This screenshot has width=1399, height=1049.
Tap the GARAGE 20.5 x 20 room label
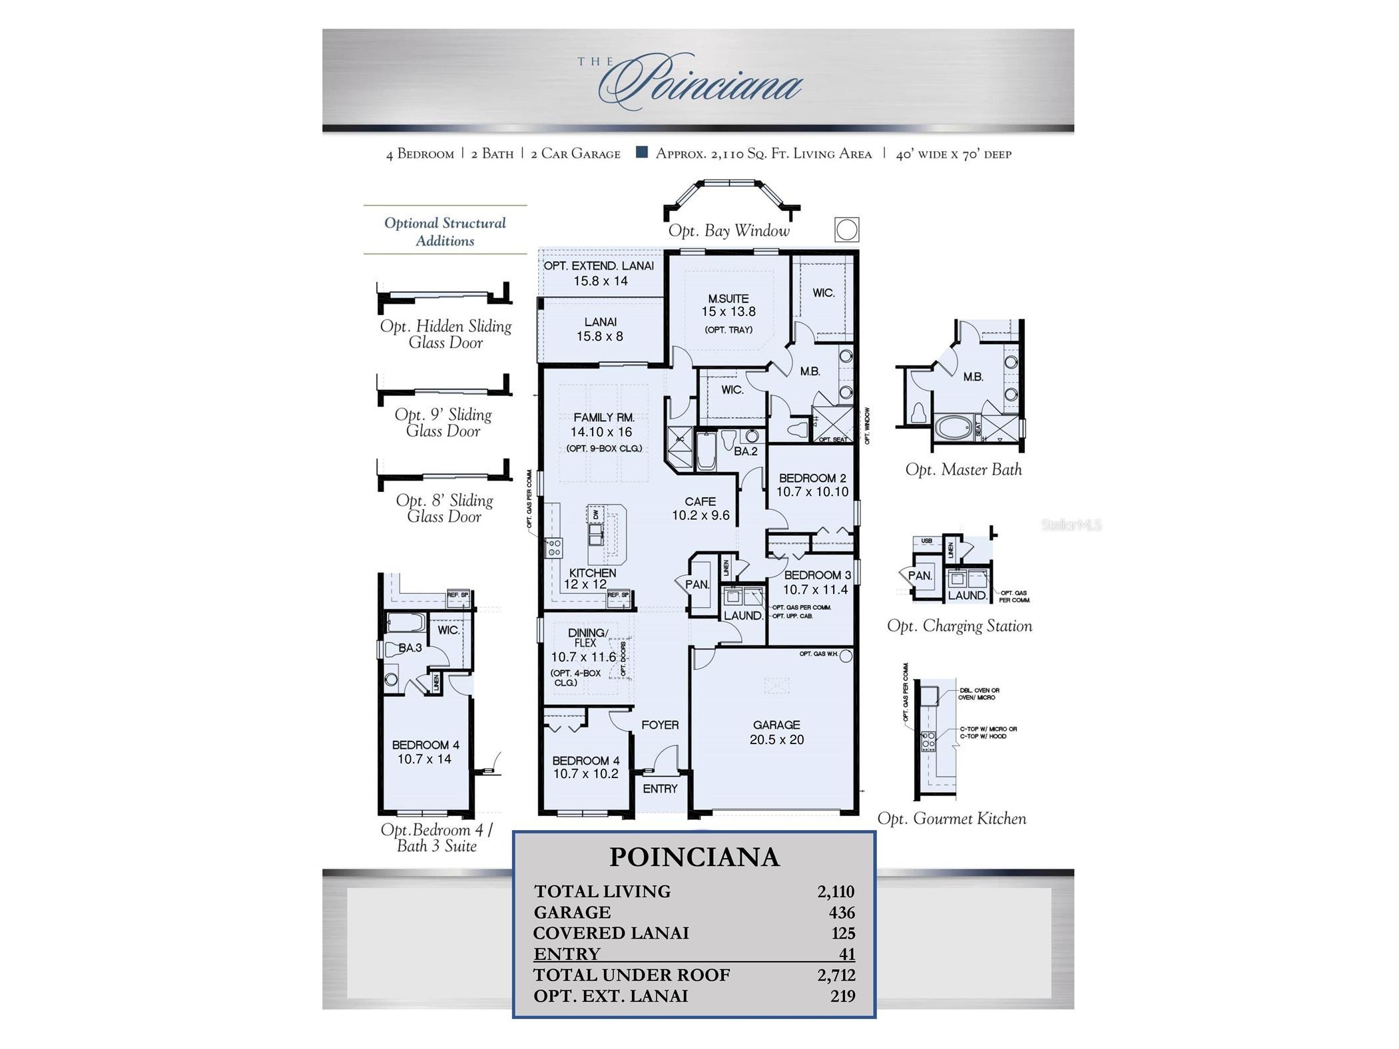[x=776, y=732]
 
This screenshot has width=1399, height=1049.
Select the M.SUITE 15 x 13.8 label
[x=728, y=306]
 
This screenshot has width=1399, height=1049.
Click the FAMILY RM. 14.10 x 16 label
[x=603, y=425]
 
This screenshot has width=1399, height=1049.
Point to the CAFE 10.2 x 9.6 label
[x=700, y=509]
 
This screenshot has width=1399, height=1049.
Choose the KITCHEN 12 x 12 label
[x=591, y=578]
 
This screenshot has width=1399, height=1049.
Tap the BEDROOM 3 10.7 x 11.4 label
[x=816, y=582]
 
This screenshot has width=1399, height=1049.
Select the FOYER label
[x=660, y=725]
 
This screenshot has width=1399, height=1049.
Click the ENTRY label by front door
[x=660, y=789]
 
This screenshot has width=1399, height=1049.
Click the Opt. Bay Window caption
[x=728, y=231]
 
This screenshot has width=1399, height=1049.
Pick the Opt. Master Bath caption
[x=963, y=469]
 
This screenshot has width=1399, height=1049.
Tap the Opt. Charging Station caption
[x=959, y=626]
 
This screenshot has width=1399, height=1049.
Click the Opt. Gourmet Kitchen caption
[x=951, y=819]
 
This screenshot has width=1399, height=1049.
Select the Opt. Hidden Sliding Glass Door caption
[x=445, y=334]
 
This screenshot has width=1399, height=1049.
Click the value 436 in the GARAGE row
[x=842, y=913]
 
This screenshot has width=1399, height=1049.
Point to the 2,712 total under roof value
[x=836, y=975]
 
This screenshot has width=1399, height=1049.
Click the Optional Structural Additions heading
[x=445, y=232]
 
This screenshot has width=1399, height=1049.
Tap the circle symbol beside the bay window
[x=846, y=230]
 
